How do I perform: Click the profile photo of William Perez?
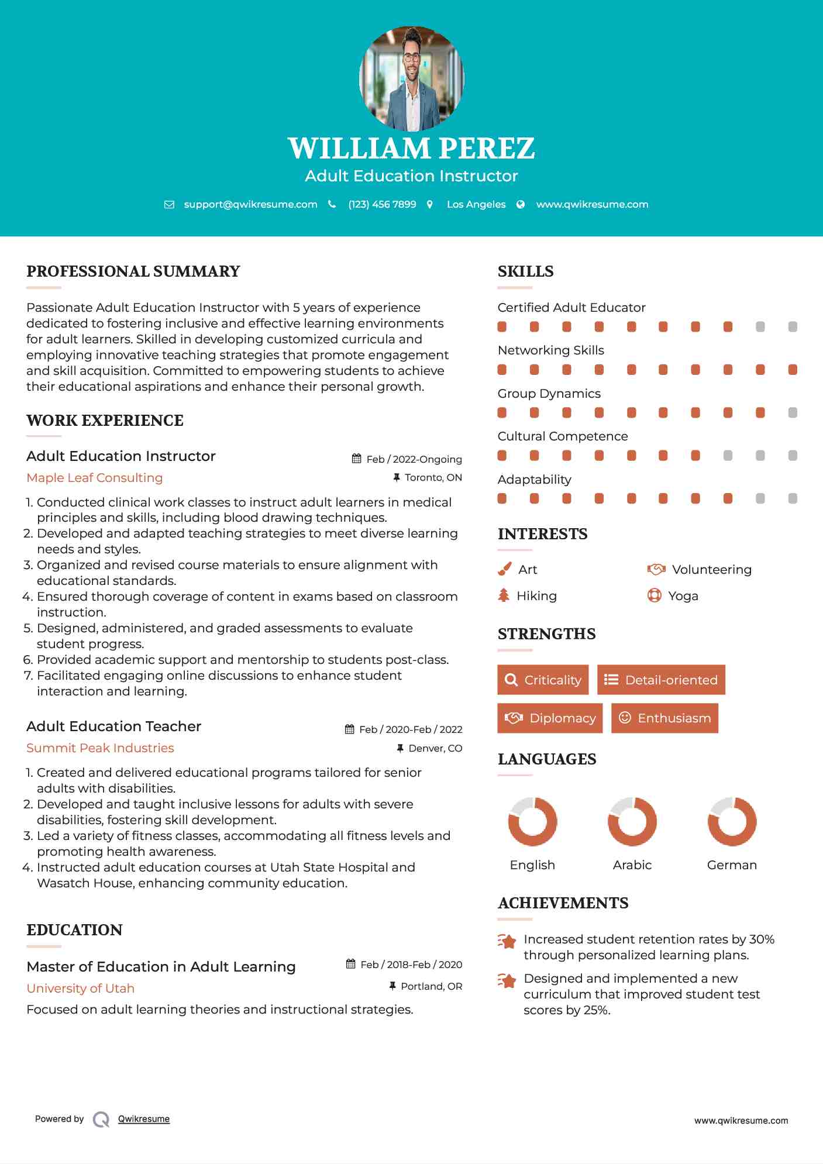click(411, 78)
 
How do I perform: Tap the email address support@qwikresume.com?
click(250, 204)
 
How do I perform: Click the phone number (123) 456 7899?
click(382, 204)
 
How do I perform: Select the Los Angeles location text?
click(476, 204)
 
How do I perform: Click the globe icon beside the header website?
click(521, 204)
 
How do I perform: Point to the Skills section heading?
click(525, 271)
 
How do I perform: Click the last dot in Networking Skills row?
click(793, 370)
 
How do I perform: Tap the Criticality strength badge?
click(543, 680)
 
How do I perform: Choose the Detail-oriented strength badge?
click(661, 680)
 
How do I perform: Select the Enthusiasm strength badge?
click(664, 718)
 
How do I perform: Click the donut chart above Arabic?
click(632, 821)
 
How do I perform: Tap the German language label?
click(732, 865)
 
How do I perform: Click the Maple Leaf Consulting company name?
click(95, 478)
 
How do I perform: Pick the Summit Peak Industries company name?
click(100, 748)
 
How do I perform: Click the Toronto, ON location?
click(433, 477)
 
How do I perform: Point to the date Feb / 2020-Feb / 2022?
click(411, 729)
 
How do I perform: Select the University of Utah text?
click(81, 989)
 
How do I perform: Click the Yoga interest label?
click(683, 596)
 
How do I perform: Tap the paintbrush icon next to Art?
click(504, 569)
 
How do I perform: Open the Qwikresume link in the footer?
click(144, 1119)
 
